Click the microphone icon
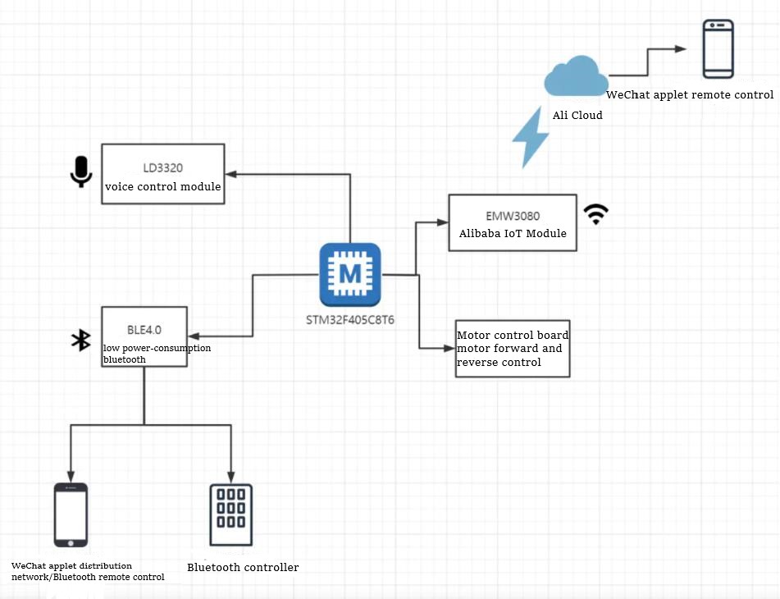80,171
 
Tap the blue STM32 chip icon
350,274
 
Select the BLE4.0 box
144,336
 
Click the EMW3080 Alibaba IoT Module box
512,222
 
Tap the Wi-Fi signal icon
596,215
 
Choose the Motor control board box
512,349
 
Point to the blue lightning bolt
531,136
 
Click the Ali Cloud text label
577,115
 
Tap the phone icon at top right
718,48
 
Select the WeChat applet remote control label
689,94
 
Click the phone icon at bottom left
71,514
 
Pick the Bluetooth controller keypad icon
230,514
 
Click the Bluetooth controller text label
243,567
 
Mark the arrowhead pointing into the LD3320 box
231,174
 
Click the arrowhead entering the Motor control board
450,349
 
